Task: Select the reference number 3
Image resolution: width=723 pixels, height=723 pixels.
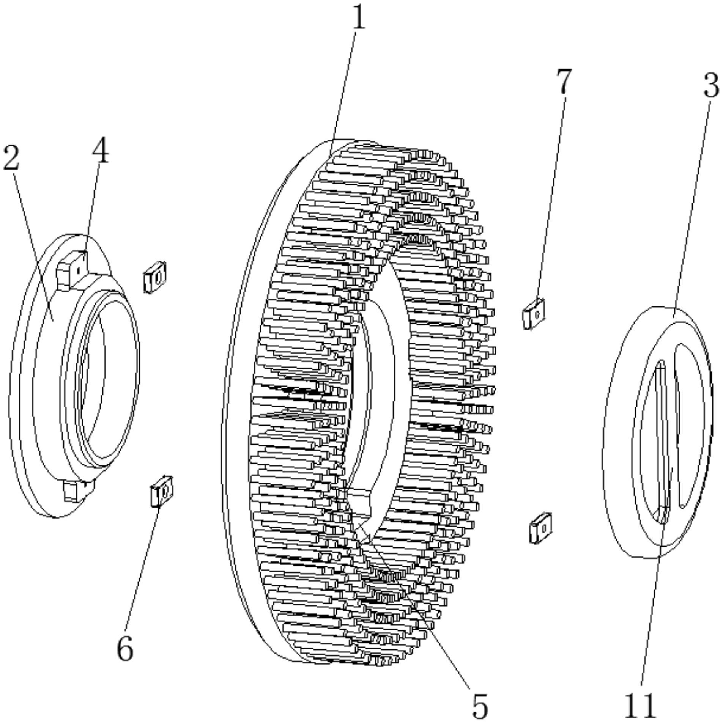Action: [x=710, y=85]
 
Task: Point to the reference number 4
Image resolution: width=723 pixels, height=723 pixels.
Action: [x=100, y=151]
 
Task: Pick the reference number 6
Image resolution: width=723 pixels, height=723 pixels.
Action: [x=125, y=648]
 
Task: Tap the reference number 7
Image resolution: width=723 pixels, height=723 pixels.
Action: [x=564, y=81]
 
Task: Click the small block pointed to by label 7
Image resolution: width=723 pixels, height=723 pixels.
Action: [x=534, y=314]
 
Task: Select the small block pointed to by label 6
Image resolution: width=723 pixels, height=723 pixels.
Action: [x=161, y=492]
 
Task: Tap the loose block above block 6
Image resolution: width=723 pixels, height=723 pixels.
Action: [x=155, y=277]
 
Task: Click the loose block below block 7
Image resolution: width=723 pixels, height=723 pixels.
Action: [x=540, y=528]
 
